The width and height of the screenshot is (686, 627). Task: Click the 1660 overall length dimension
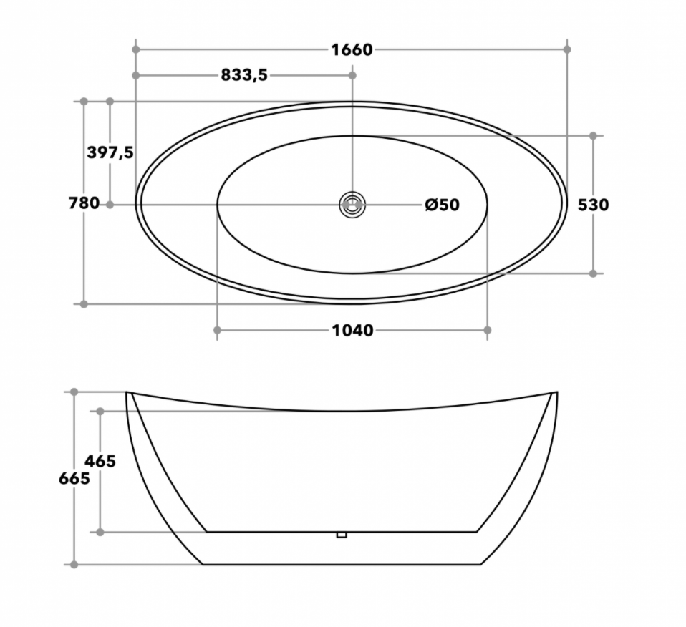pos(352,50)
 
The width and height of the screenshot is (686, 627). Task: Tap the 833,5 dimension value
pos(243,75)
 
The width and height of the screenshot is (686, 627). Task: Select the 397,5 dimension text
pos(110,152)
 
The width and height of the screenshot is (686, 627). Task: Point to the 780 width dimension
pos(84,203)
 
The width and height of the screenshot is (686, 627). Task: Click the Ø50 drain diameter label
pos(443,205)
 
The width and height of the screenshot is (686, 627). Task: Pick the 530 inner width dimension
pos(593,205)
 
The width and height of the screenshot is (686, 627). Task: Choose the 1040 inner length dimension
pos(352,330)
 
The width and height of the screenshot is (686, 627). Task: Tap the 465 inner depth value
pos(100,461)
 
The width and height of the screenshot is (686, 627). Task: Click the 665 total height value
pos(74,479)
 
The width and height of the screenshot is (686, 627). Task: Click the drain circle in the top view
pos(352,205)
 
